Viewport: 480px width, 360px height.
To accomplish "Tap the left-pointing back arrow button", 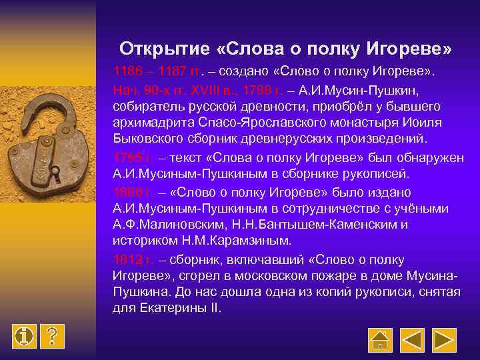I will [413, 340].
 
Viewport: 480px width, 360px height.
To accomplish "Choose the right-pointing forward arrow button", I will [447, 340].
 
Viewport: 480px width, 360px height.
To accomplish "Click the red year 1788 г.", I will [262, 89].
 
